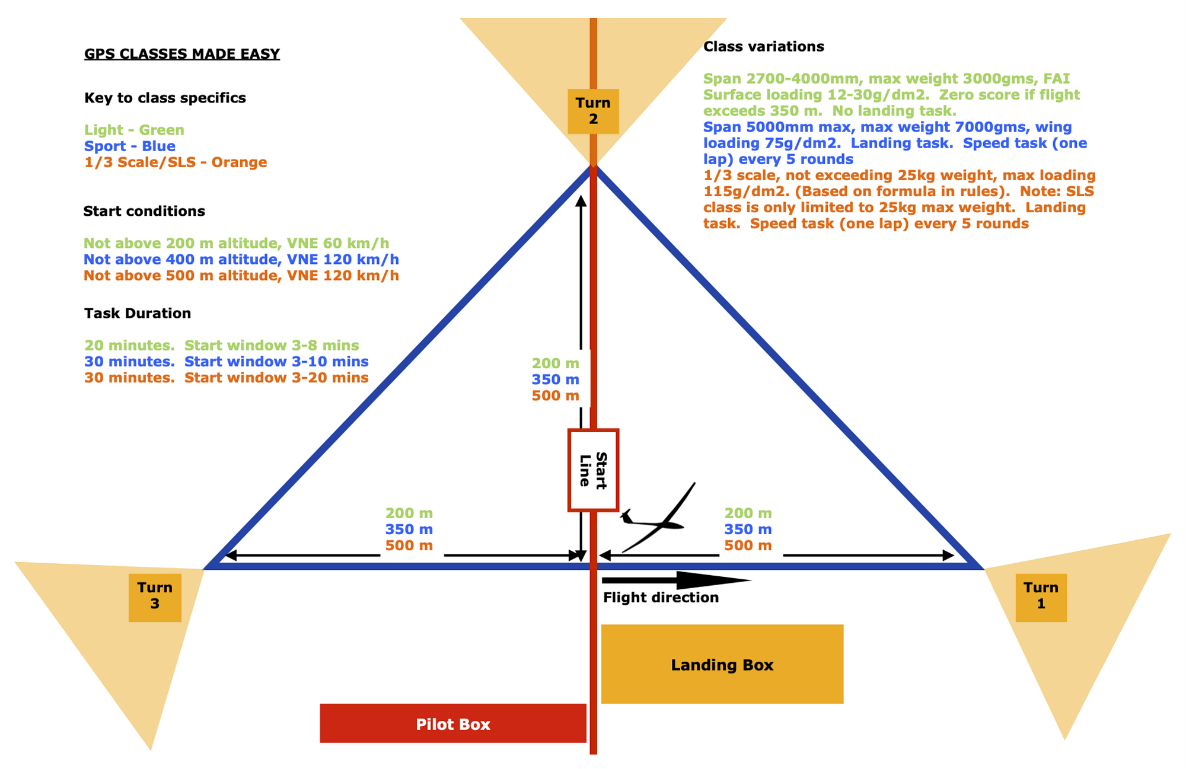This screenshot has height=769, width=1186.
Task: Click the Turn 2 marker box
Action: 593,111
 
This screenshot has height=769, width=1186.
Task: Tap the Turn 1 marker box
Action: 1041,596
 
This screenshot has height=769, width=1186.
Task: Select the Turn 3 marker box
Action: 155,596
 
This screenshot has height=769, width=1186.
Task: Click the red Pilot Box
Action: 453,723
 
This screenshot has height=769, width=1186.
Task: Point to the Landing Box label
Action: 722,665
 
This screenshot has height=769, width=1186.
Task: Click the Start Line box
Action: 593,470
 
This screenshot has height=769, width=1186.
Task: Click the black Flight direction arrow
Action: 676,580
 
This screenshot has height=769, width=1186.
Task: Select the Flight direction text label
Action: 661,598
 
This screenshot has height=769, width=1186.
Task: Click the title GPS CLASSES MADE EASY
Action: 181,54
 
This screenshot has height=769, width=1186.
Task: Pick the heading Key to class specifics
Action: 165,98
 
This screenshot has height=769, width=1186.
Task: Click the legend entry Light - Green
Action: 134,130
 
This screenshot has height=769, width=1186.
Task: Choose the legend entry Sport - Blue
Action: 130,146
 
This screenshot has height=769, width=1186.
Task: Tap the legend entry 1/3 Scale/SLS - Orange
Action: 176,162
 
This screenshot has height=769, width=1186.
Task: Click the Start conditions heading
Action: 144,211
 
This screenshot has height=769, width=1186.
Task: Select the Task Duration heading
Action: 138,313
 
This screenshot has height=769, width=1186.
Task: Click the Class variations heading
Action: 763,47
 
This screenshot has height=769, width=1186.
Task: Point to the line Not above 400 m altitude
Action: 241,259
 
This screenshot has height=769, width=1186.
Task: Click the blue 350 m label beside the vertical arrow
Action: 555,379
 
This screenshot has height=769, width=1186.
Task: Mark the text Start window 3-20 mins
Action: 276,378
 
